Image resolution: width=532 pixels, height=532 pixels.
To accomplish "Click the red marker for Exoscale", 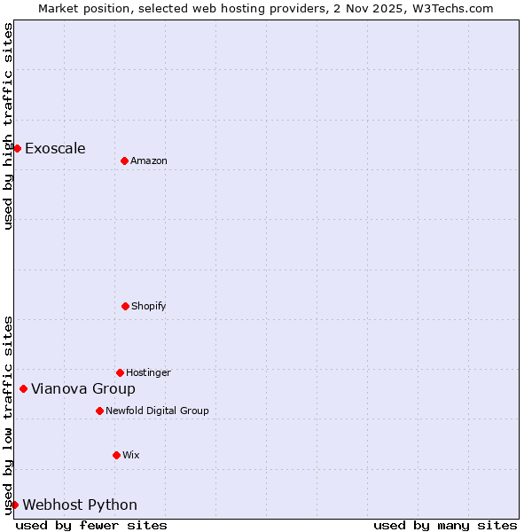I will tap(17, 148).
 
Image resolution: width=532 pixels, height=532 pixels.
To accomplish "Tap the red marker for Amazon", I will tap(124, 160).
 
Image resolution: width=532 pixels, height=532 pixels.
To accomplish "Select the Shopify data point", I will tap(125, 306).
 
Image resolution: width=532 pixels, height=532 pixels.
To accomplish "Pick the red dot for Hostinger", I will tap(120, 372).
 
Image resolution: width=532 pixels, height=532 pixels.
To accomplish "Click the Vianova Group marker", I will tap(23, 388).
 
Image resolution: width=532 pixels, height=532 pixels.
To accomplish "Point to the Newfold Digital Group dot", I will tap(99, 411).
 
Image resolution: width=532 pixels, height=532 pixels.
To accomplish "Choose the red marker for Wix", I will tap(116, 455).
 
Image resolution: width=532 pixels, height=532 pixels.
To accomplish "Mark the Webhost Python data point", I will tap(14, 505).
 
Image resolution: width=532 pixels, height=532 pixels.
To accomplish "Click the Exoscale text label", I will tap(55, 148).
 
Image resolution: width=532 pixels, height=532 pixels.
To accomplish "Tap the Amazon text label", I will tap(149, 160).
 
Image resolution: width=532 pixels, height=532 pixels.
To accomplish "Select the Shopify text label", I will tap(149, 306).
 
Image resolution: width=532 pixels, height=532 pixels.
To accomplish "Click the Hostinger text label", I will tap(148, 372).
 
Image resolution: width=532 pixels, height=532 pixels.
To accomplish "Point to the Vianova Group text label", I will tap(83, 388).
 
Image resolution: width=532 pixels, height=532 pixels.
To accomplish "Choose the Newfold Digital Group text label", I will tap(157, 411).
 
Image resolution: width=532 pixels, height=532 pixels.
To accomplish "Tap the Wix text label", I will tap(131, 455).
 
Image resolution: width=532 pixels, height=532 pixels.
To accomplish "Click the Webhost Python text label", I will tap(80, 505).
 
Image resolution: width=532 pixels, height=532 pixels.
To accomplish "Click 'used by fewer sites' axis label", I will tap(91, 525).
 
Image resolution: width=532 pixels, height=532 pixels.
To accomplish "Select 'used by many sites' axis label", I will tap(445, 525).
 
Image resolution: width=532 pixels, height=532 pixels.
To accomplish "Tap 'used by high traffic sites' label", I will tap(8, 126).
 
